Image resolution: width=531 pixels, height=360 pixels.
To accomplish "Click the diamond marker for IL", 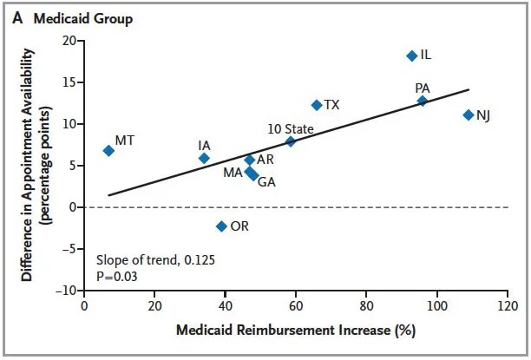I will pyautogui.click(x=411, y=56).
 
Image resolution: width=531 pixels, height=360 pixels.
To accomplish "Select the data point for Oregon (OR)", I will pyautogui.click(x=221, y=226).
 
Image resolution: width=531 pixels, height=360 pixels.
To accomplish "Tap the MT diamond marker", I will pyautogui.click(x=108, y=150).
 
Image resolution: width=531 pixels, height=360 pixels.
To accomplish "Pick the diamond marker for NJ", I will pyautogui.click(x=469, y=115).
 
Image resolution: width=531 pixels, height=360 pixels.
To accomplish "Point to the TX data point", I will pyautogui.click(x=317, y=105).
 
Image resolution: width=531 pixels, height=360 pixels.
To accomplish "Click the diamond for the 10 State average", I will pyautogui.click(x=291, y=141).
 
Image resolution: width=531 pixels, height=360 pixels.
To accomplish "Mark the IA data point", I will pyautogui.click(x=204, y=158).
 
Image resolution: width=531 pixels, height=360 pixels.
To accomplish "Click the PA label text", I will pyautogui.click(x=423, y=88).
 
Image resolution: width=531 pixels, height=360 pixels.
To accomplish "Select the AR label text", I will pyautogui.click(x=265, y=160).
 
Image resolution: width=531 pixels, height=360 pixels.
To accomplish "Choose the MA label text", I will pyautogui.click(x=233, y=172).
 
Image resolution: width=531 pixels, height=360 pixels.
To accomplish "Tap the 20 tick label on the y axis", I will pyautogui.click(x=69, y=41).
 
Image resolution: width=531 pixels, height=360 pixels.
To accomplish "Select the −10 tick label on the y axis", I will pyautogui.click(x=65, y=291).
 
